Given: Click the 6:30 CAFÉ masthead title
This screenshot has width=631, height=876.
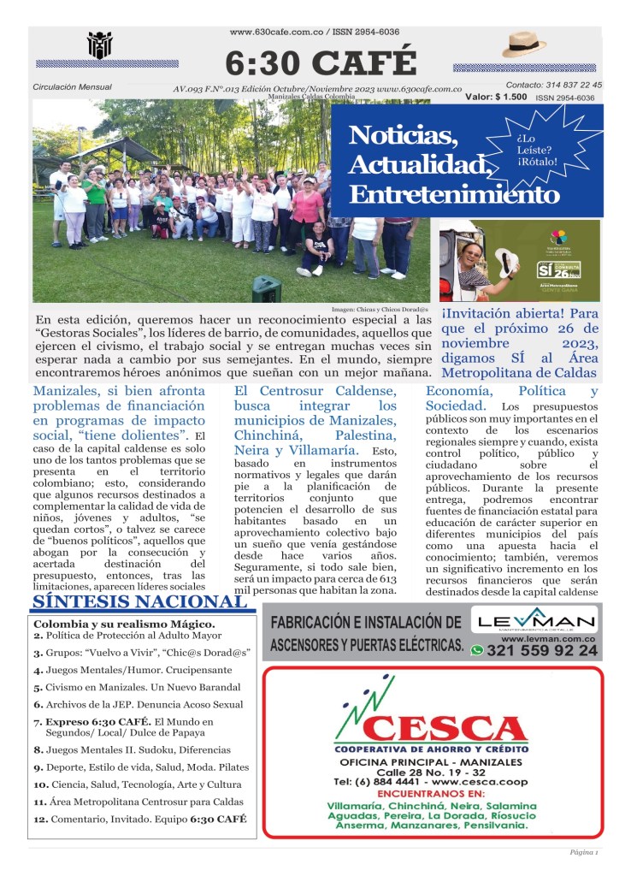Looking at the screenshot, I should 321,62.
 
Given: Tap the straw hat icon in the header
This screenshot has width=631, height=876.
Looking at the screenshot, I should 523,44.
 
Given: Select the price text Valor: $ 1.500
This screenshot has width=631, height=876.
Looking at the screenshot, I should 496,98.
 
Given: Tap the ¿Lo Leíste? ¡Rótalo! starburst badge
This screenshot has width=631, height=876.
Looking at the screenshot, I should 536,151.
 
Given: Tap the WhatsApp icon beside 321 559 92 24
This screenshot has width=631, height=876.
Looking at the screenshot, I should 477,650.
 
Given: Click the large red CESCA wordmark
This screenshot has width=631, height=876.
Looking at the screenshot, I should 445,728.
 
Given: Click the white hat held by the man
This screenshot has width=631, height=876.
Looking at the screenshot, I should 504,263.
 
